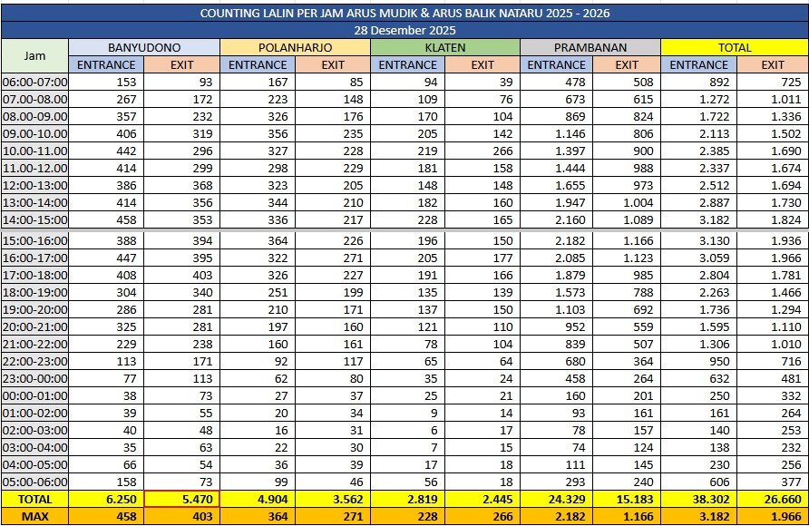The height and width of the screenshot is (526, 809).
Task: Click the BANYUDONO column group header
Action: pos(143,47)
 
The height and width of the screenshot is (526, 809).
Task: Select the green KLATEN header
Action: pos(444,47)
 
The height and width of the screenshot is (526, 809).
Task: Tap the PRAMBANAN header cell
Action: pos(590,47)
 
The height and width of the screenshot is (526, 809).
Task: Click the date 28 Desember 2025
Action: pos(404,30)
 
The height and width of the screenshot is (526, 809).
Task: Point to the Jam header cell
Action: pos(34,55)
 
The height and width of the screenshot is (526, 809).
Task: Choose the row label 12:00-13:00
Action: pos(34,184)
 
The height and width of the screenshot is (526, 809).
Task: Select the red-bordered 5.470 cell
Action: pos(181,499)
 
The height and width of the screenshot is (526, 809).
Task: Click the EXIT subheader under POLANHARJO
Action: pos(333,64)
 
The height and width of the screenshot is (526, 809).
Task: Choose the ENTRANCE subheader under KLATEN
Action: pos(407,64)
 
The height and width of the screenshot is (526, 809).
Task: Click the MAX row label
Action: pos(34,516)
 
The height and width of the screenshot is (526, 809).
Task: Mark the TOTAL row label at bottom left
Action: pos(34,499)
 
